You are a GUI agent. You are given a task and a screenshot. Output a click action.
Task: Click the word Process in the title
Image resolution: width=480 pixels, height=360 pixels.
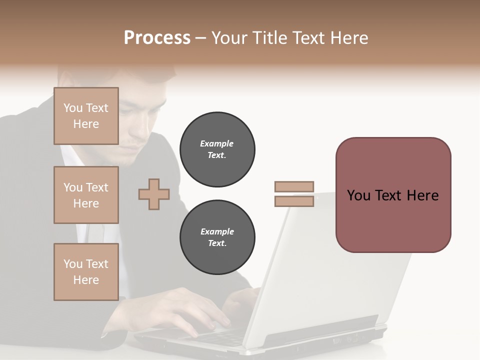(x=157, y=38)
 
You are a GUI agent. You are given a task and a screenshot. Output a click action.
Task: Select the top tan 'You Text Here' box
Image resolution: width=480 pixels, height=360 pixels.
(x=86, y=116)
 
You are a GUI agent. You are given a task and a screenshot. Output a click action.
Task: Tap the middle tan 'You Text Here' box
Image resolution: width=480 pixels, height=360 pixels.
(x=86, y=195)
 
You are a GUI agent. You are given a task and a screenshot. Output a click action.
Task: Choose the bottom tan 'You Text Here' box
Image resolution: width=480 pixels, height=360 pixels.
(x=86, y=271)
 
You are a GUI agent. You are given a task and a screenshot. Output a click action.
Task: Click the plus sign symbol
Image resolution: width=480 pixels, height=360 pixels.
(x=154, y=194)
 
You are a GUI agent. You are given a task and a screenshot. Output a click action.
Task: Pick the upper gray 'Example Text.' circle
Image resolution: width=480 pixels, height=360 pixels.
(x=217, y=149)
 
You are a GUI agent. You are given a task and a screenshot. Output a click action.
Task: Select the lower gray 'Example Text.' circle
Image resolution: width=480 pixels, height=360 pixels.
(x=217, y=237)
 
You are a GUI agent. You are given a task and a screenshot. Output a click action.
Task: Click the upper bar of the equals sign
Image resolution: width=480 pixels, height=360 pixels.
(x=294, y=186)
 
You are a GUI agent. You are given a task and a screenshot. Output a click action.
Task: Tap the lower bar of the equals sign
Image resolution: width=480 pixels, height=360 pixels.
(x=294, y=201)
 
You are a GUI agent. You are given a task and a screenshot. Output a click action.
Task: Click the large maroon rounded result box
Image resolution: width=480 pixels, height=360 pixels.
(x=393, y=195)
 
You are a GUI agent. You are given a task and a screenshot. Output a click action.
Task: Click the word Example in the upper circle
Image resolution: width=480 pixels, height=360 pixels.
(x=217, y=143)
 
